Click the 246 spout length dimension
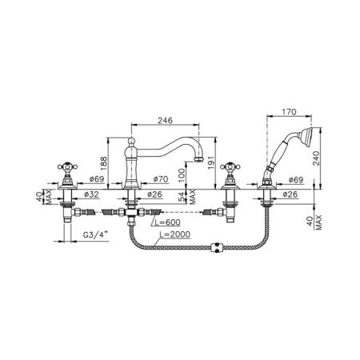point(165,120)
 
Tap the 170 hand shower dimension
point(289,112)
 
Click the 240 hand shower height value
point(316,158)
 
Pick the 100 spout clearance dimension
point(182,175)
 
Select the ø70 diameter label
point(161,179)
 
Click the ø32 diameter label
point(91,194)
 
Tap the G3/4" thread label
point(95,235)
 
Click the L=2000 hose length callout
point(175,234)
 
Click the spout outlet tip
point(199,160)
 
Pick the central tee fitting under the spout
point(131,213)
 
